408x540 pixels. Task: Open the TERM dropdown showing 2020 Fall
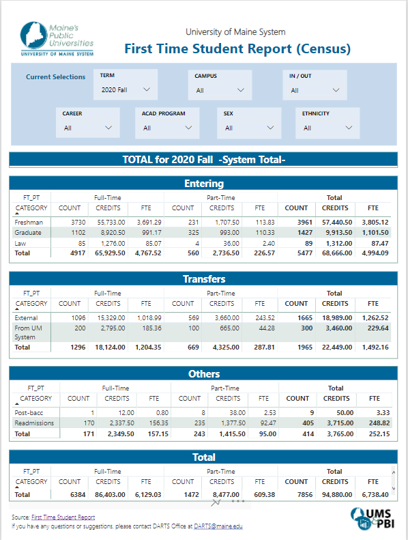[126, 89]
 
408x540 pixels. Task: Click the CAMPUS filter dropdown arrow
[241, 90]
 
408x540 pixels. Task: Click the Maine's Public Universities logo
[57, 38]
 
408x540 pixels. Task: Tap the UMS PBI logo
[373, 519]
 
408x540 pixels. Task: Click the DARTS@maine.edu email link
[218, 526]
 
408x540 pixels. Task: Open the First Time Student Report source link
[63, 517]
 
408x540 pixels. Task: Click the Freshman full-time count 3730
[78, 223]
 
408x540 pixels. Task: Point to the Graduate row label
[28, 233]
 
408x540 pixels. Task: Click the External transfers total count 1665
[305, 318]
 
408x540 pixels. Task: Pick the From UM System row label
[28, 332]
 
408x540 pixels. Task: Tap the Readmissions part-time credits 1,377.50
[233, 423]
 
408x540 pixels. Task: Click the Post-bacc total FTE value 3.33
[383, 412]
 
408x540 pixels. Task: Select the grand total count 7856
[305, 495]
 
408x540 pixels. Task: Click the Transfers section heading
[204, 279]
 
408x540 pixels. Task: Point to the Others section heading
[204, 374]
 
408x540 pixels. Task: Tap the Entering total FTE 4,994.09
[375, 253]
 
